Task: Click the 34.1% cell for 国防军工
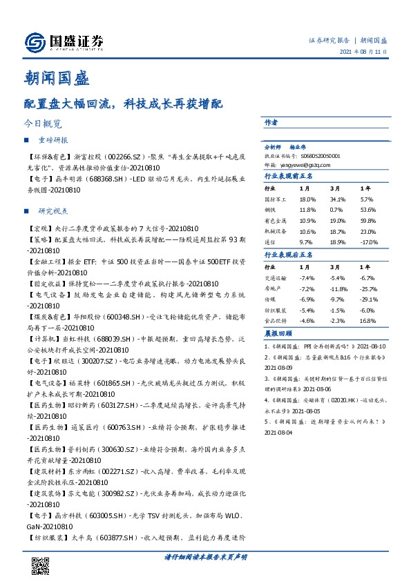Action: click(338, 198)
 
